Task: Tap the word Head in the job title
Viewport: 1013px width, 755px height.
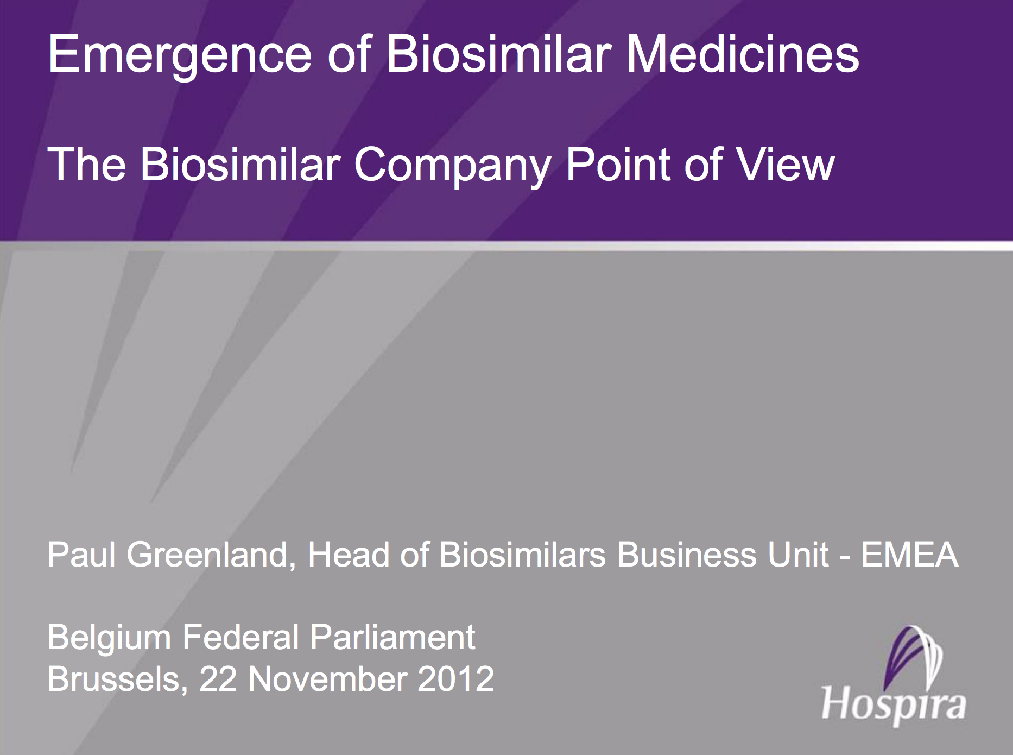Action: tap(349, 555)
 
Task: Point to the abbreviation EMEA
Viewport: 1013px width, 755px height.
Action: tap(910, 555)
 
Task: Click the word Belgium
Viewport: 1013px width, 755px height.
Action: tap(109, 638)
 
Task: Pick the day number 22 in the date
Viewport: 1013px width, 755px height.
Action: tap(218, 679)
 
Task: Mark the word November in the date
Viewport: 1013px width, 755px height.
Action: tap(327, 679)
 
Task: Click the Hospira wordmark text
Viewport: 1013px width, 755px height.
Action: tap(894, 705)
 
